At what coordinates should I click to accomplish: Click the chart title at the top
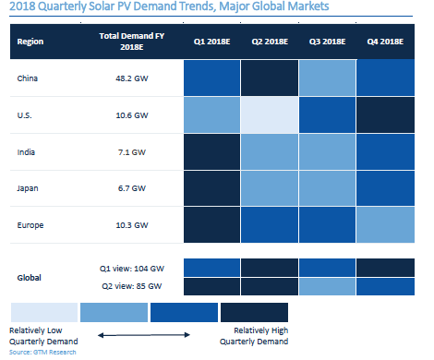click(x=169, y=6)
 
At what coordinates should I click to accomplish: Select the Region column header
click(x=30, y=42)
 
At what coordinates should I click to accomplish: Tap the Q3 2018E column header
click(x=327, y=42)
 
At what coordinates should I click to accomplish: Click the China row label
click(x=28, y=78)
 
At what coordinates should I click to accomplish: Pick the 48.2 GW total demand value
click(x=132, y=78)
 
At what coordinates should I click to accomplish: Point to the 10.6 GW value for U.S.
click(x=132, y=115)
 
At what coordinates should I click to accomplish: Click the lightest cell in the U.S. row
click(x=270, y=115)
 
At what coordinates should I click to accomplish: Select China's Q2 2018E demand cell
click(x=270, y=78)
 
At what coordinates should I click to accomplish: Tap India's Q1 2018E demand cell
click(x=211, y=151)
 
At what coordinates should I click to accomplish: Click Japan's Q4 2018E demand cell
click(x=385, y=188)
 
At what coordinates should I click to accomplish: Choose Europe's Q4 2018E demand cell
click(x=385, y=225)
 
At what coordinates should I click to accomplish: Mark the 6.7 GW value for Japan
click(x=132, y=188)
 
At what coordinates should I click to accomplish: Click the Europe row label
click(x=30, y=225)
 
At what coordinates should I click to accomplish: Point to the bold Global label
click(x=29, y=278)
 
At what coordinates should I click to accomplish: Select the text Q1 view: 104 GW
click(x=132, y=269)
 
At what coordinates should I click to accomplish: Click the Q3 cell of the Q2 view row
click(x=327, y=287)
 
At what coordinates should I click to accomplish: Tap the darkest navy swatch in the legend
click(x=254, y=312)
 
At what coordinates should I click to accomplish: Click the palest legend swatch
click(x=44, y=312)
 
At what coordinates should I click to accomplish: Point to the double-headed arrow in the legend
click(x=144, y=335)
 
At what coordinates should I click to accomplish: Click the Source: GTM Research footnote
click(x=42, y=352)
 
